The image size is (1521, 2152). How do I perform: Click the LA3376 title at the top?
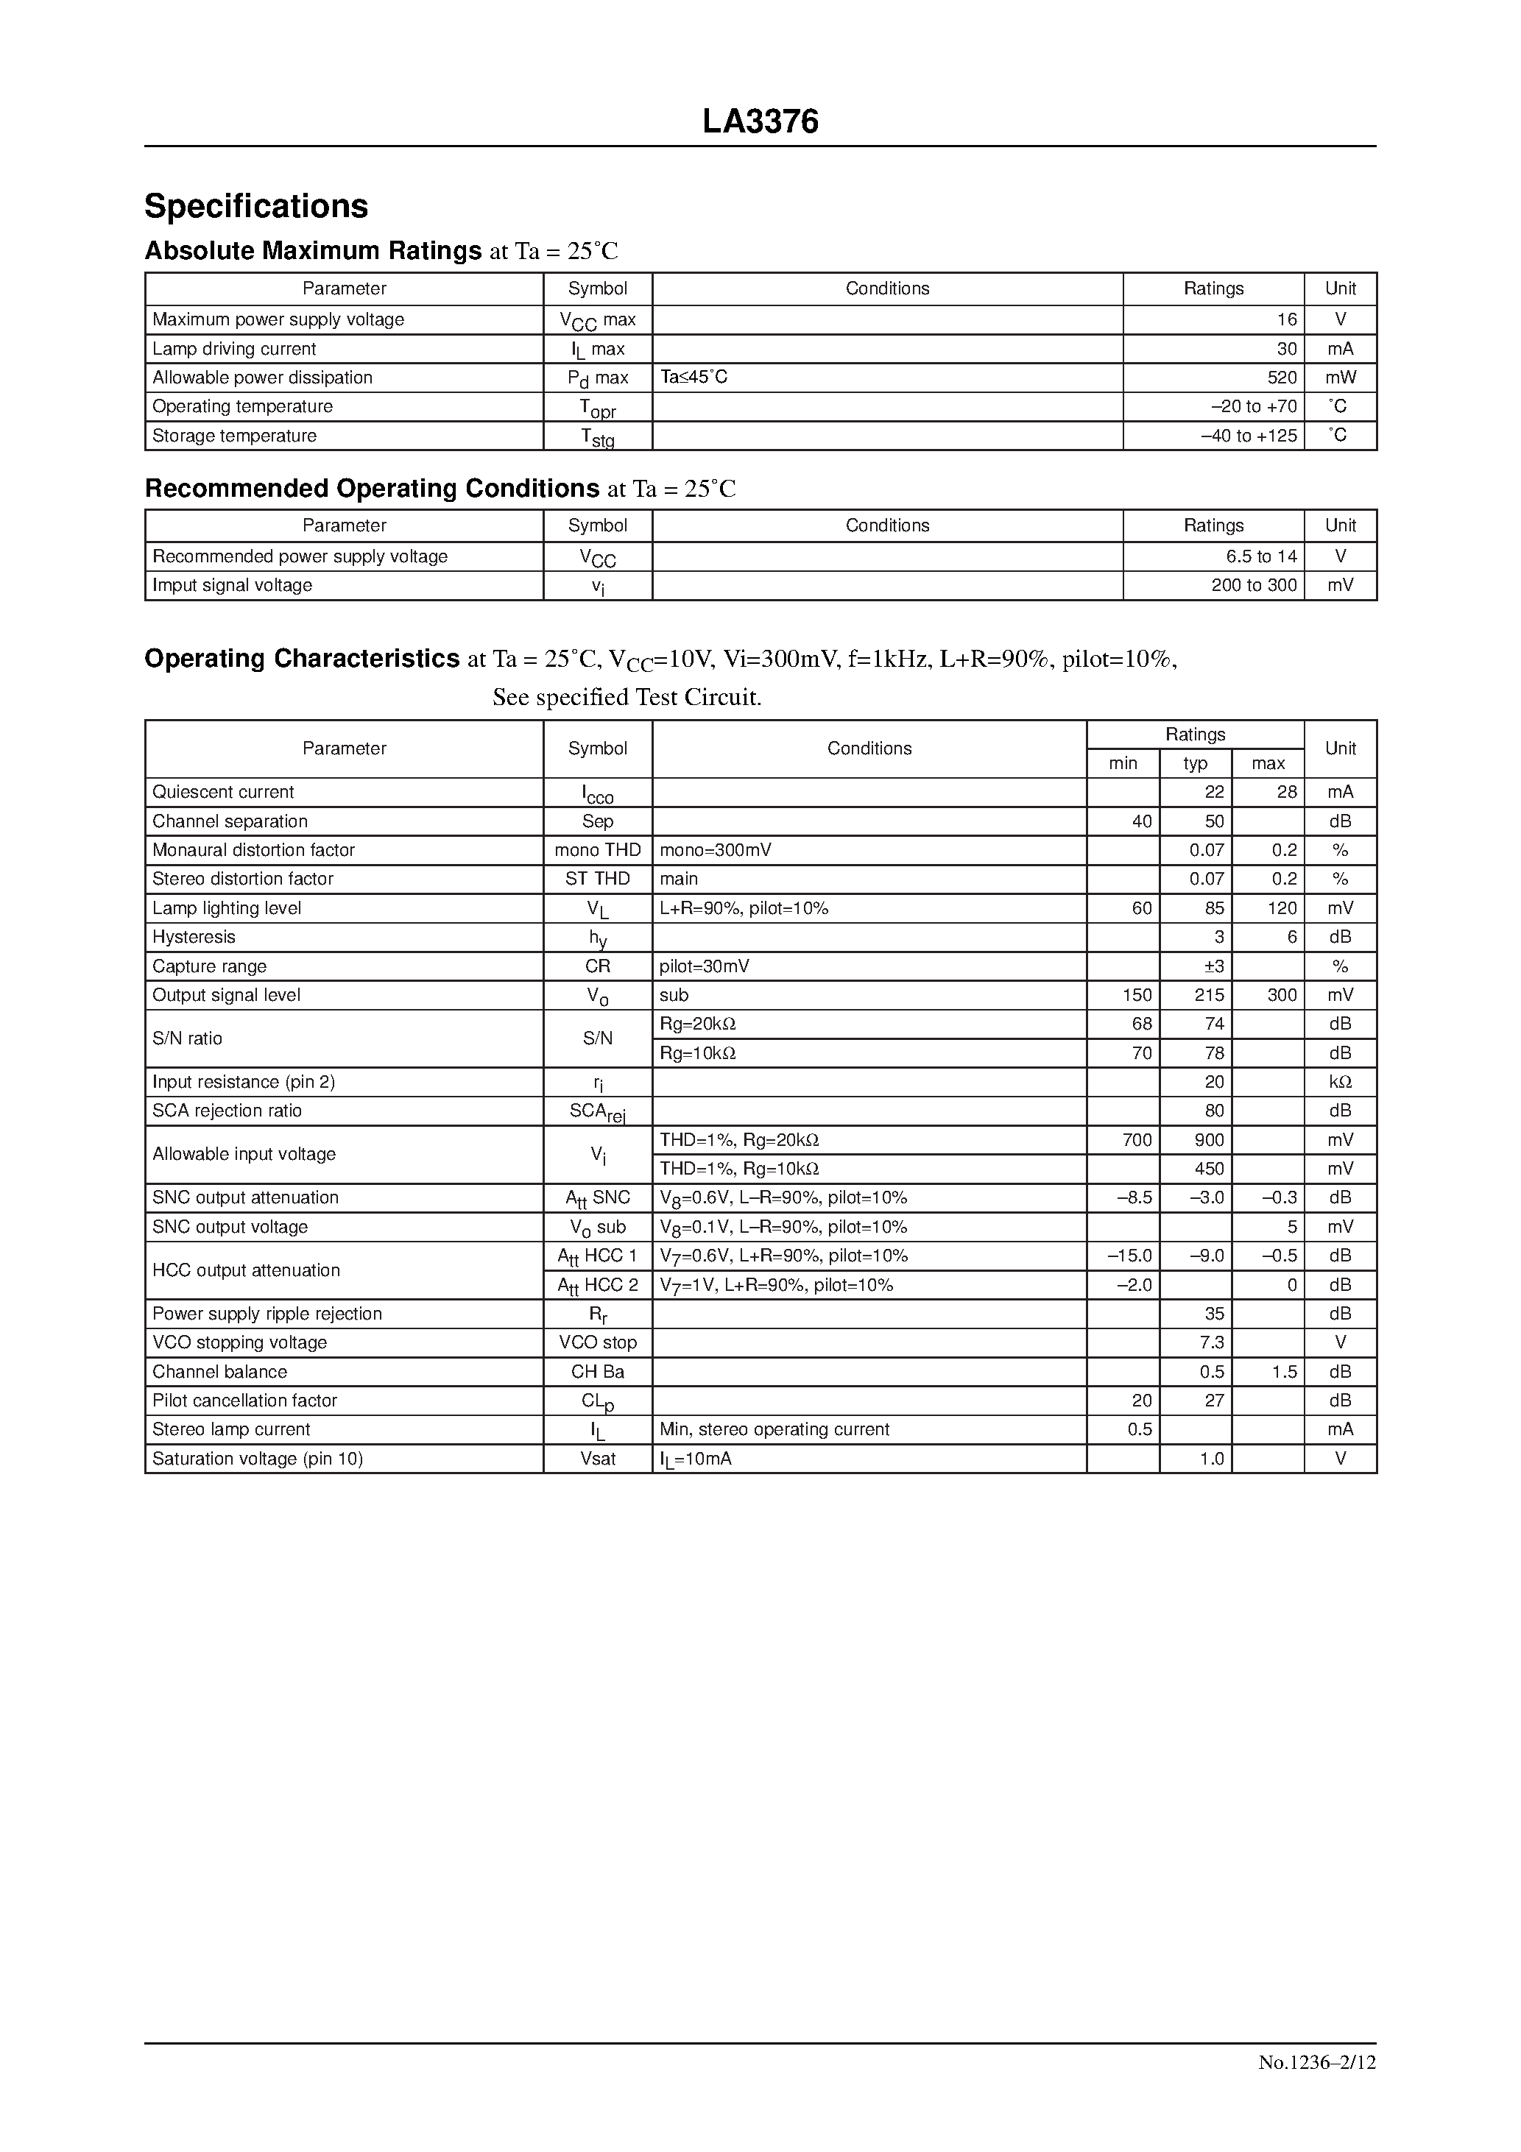tap(760, 122)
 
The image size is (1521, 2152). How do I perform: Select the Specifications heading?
tap(256, 206)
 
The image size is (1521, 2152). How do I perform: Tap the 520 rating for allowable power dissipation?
tap(1281, 378)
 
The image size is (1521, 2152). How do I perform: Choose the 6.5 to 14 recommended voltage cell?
tap(1261, 556)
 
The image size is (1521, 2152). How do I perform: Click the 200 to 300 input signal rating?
tap(1254, 586)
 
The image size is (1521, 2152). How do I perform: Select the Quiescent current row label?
tap(223, 792)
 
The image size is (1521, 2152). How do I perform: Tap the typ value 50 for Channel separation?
tap(1213, 821)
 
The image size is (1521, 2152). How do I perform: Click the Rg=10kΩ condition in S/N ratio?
tap(698, 1053)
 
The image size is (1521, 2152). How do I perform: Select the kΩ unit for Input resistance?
tap(1340, 1083)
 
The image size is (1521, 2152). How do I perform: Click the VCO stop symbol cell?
tap(597, 1342)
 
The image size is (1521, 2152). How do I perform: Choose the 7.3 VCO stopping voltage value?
tap(1212, 1342)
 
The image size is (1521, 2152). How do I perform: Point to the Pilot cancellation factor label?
tap(244, 1401)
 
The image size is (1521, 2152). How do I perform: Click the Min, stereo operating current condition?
tap(774, 1429)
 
